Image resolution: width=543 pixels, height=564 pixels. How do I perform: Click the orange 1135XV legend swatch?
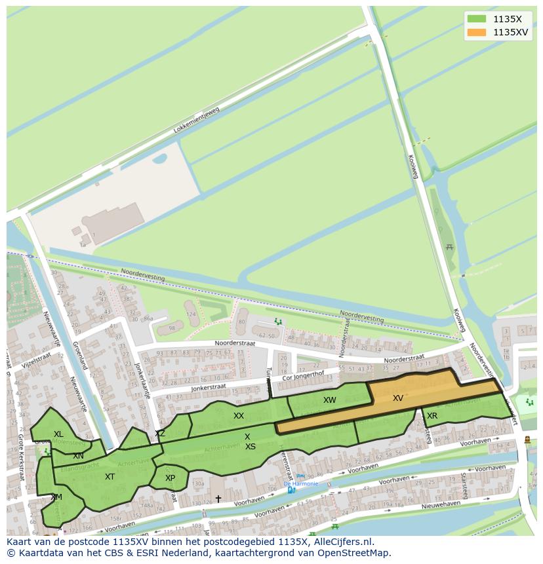(477, 31)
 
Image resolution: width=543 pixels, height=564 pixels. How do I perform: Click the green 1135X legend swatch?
(477, 19)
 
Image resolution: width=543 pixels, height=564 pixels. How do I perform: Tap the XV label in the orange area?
(398, 398)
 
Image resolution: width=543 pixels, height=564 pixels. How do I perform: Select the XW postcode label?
(329, 400)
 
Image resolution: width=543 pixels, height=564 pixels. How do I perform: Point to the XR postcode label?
(432, 416)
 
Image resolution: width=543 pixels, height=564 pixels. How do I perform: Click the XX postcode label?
(239, 416)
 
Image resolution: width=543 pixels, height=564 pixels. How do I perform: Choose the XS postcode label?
(251, 447)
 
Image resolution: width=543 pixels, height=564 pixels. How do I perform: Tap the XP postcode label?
(171, 478)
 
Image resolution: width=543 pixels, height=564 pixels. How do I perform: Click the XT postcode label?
(110, 477)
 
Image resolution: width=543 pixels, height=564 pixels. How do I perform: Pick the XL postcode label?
(59, 434)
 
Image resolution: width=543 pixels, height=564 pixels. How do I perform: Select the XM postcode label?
(56, 497)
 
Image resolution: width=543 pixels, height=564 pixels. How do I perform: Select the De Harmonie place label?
(301, 483)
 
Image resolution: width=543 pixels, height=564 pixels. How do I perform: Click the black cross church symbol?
(218, 499)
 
